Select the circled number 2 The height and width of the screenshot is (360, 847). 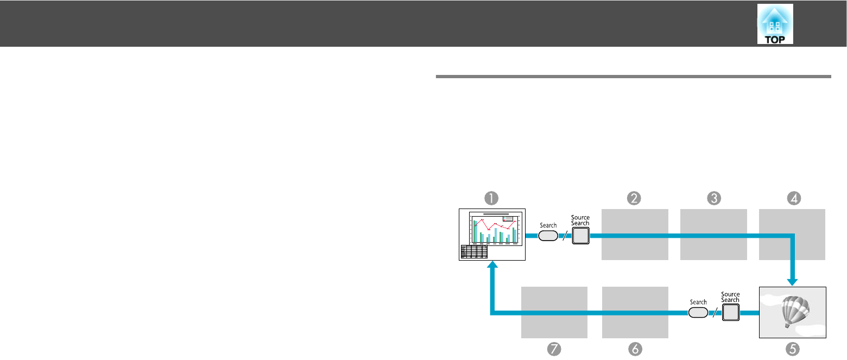pyautogui.click(x=634, y=198)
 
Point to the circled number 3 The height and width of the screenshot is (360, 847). pyautogui.click(x=713, y=198)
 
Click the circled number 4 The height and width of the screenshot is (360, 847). pyautogui.click(x=793, y=198)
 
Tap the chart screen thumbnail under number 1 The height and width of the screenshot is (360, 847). pyautogui.click(x=492, y=235)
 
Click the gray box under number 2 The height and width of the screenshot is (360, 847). pyautogui.click(x=634, y=235)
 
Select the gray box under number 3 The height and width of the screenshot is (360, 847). pyautogui.click(x=713, y=235)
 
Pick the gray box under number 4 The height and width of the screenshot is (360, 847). pyautogui.click(x=792, y=235)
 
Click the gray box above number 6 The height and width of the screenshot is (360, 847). pyautogui.click(x=635, y=312)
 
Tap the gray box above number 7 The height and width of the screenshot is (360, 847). pyautogui.click(x=554, y=312)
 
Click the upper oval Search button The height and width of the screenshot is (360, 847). pyautogui.click(x=548, y=236)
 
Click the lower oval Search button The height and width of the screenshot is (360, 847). pyautogui.click(x=698, y=312)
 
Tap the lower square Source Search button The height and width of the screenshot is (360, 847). pyautogui.click(x=730, y=312)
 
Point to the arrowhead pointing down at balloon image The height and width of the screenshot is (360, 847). pyautogui.click(x=793, y=281)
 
